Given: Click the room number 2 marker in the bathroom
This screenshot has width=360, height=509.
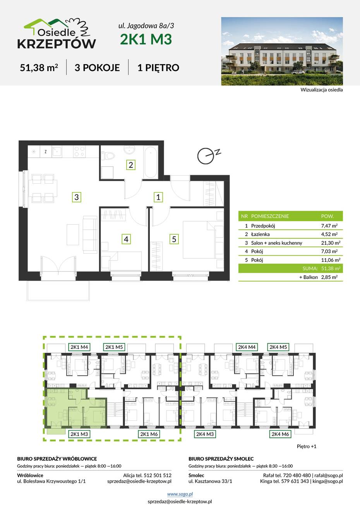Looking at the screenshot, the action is [131, 165].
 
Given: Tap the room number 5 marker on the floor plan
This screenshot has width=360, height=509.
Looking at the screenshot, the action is [174, 239].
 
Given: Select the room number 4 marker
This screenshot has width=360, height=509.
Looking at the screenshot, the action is [126, 239].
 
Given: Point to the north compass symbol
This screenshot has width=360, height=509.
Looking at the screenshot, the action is [206, 156].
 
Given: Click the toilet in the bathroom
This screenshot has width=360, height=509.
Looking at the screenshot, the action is [108, 156].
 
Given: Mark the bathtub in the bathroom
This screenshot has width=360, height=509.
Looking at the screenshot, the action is [151, 162].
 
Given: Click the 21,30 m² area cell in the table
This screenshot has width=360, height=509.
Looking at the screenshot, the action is [331, 243].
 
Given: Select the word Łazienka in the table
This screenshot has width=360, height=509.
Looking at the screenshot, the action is [260, 234].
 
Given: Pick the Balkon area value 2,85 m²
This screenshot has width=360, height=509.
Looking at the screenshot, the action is [329, 277].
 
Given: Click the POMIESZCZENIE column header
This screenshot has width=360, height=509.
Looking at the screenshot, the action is [270, 216].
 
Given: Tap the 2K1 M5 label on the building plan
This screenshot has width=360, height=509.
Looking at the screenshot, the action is [114, 347].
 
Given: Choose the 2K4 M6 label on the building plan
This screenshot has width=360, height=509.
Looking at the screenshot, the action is [280, 434].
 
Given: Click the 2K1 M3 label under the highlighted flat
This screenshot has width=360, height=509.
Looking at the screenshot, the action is [79, 434].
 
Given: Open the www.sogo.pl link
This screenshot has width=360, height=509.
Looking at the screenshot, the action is [180, 494].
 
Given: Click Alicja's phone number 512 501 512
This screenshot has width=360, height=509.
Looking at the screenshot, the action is [158, 475].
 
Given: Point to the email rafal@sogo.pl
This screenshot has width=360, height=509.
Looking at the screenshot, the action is [329, 475].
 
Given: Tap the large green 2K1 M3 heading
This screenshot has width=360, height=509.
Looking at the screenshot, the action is [146, 39].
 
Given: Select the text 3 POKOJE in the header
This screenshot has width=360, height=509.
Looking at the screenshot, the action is [97, 68].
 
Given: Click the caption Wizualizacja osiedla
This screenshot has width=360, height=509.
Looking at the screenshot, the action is [322, 90].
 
